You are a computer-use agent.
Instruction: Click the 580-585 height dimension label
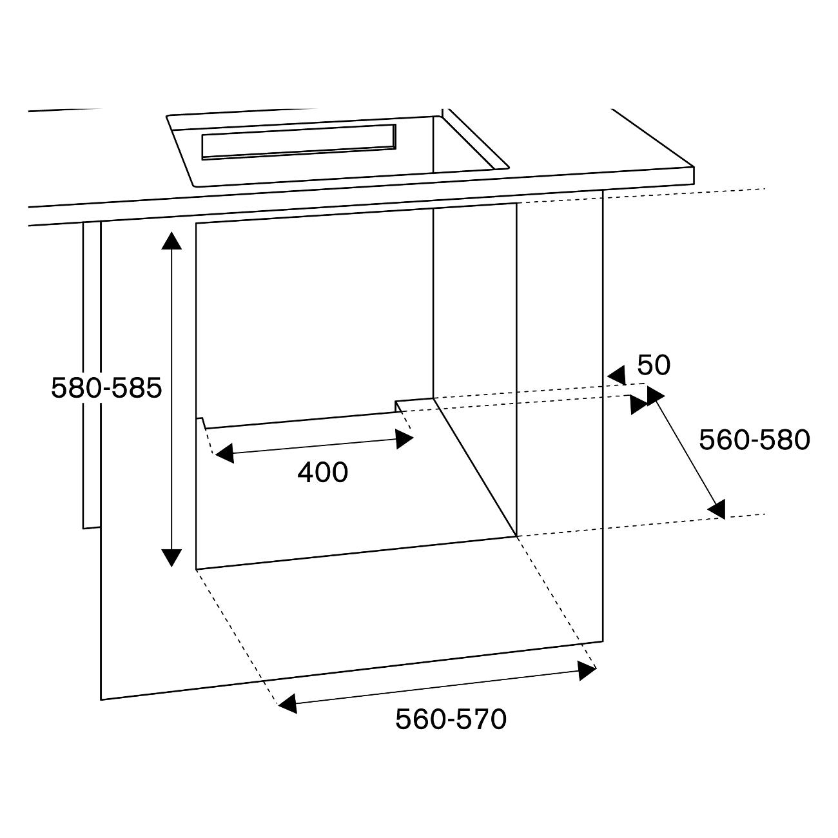pyautogui.click(x=106, y=387)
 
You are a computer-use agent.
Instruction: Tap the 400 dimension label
pyautogui.click(x=323, y=472)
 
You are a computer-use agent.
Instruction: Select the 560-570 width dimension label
pyautogui.click(x=451, y=719)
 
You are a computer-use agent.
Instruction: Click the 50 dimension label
pyautogui.click(x=654, y=365)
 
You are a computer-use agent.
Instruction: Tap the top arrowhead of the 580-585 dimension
pyautogui.click(x=171, y=240)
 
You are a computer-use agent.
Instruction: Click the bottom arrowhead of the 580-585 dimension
pyautogui.click(x=171, y=558)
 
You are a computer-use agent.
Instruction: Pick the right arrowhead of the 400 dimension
pyautogui.click(x=404, y=438)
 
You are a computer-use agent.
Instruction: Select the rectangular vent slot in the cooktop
pyautogui.click(x=299, y=142)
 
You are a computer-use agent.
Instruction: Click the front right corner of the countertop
pyautogui.click(x=694, y=184)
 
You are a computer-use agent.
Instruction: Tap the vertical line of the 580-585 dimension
pyautogui.click(x=171, y=399)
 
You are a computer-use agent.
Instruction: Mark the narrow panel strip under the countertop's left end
pyautogui.click(x=92, y=375)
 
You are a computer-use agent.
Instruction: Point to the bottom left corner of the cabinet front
pyautogui.click(x=101, y=699)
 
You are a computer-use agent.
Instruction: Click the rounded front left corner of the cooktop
pyautogui.click(x=195, y=186)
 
